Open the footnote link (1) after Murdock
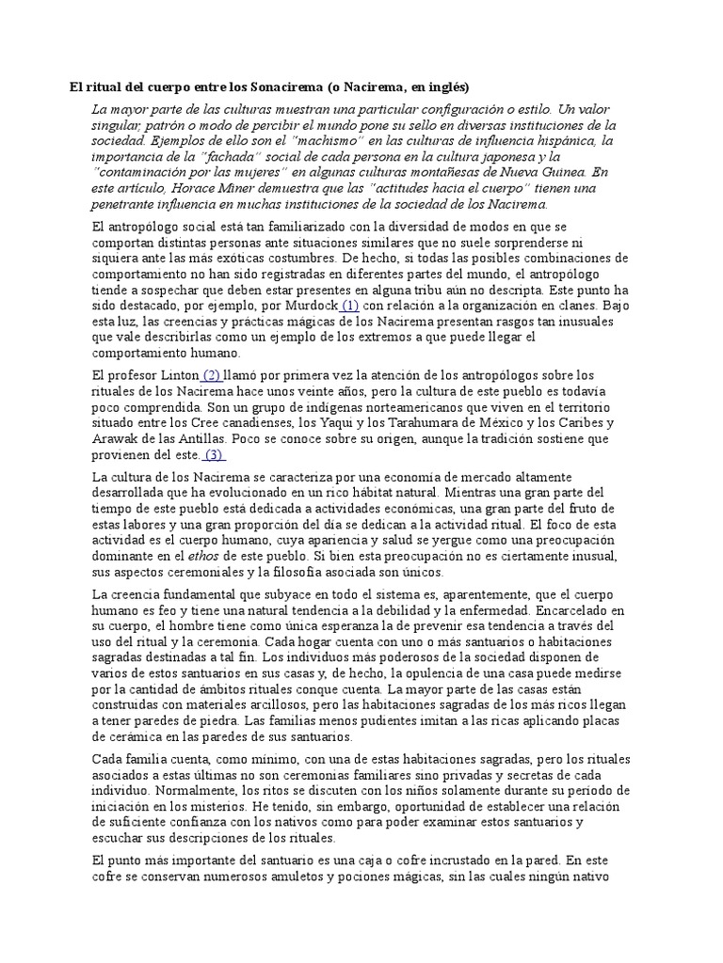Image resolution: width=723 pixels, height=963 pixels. [349, 306]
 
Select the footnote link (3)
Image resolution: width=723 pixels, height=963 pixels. [215, 455]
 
